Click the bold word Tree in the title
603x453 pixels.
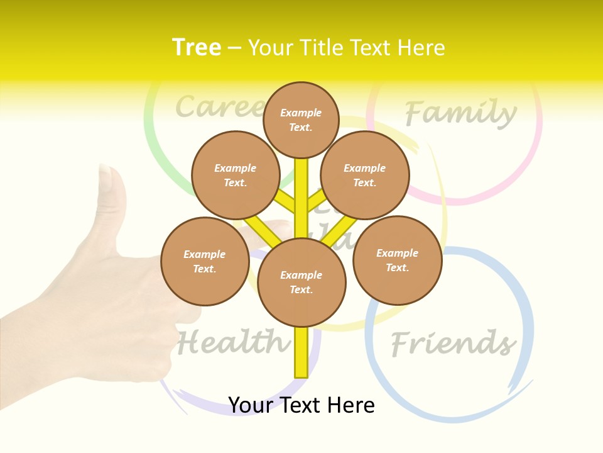click(197, 47)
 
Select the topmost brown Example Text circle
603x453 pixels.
click(301, 120)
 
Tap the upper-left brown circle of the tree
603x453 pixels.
click(236, 175)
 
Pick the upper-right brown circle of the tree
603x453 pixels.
click(365, 175)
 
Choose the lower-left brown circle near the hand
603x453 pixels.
click(205, 261)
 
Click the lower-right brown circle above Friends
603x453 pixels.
click(397, 260)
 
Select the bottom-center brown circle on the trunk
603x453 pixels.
click(301, 282)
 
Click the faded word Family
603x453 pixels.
click(460, 113)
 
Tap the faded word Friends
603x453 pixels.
click(452, 344)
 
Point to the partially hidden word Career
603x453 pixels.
click(217, 107)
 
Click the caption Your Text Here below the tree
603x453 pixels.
click(301, 405)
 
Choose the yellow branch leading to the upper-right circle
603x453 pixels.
click(316, 201)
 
